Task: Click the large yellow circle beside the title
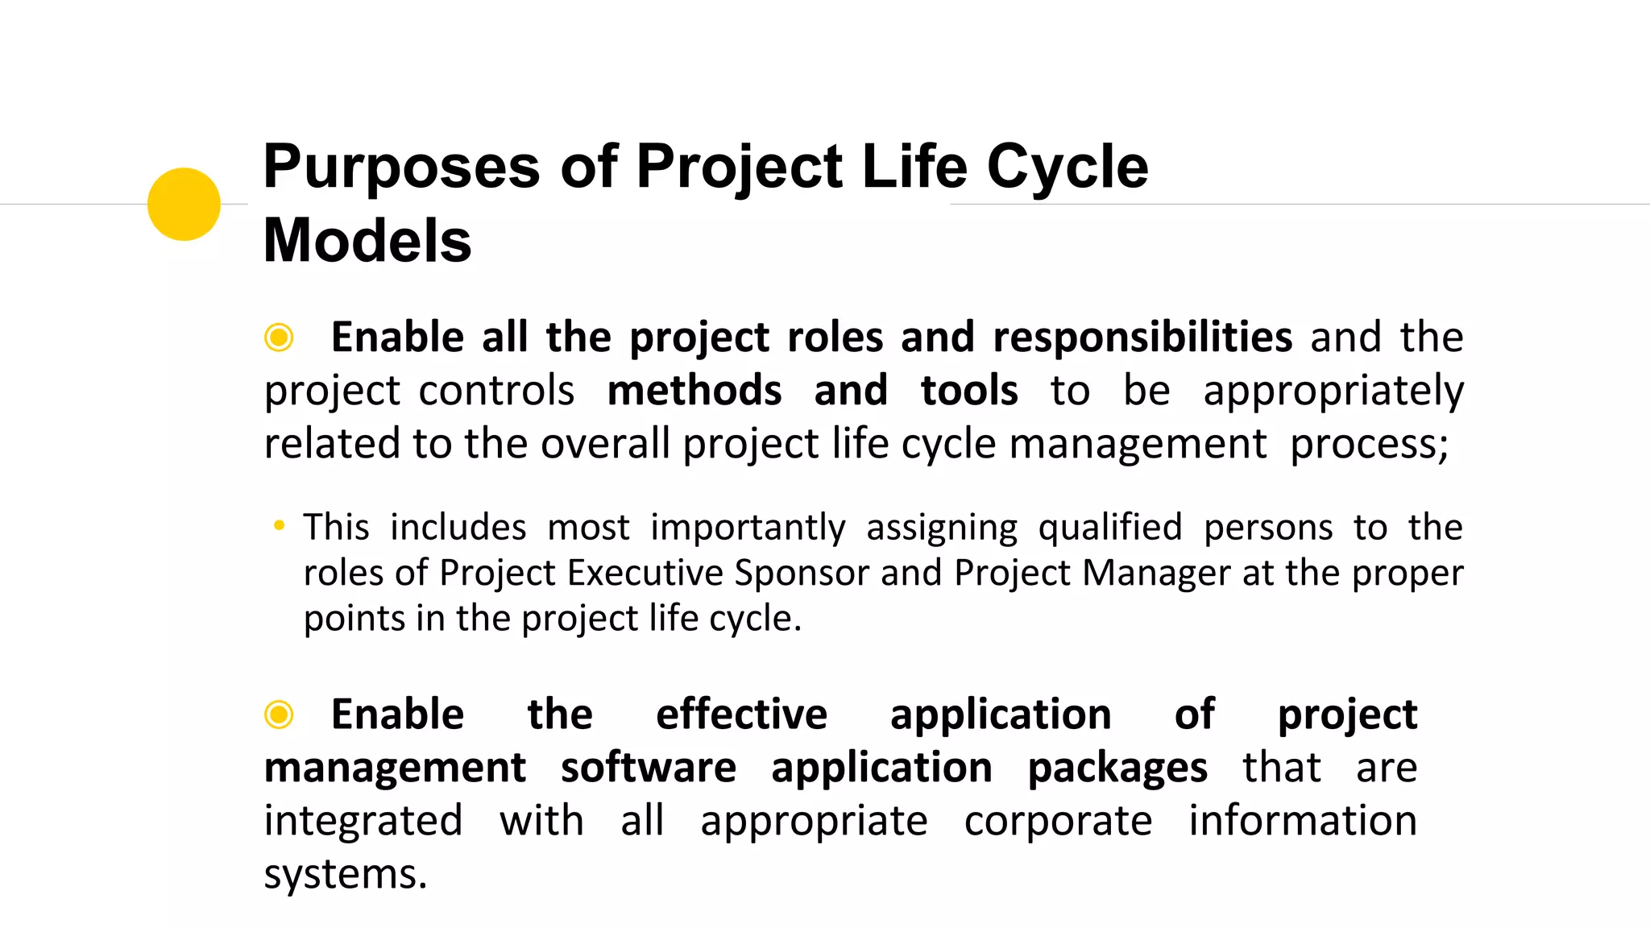184,204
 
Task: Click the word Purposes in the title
401,167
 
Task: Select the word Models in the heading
367,241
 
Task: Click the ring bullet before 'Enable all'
279,338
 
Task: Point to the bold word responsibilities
1142,337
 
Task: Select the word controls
496,391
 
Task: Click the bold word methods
694,391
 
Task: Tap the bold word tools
968,391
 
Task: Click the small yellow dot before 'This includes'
279,526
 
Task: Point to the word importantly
748,528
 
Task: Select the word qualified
1109,528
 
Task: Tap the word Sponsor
801,574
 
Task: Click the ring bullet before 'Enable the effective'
279,715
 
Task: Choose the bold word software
648,768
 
